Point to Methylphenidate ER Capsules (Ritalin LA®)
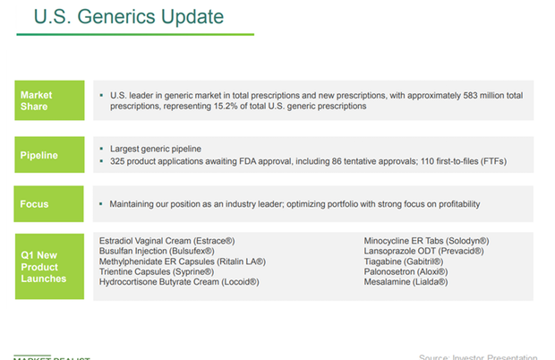click(x=181, y=261)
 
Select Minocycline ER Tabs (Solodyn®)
click(x=426, y=241)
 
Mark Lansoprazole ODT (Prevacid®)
click(x=420, y=251)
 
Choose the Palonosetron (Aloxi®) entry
click(x=406, y=271)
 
